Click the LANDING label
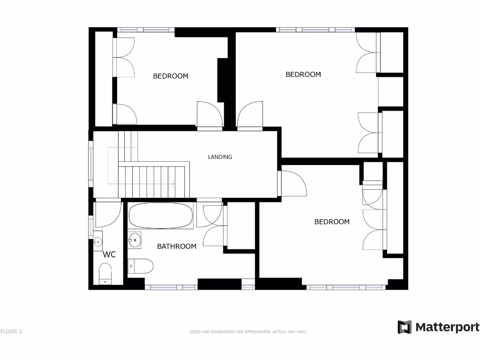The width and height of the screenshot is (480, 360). tap(220, 157)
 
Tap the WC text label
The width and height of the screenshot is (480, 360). tap(109, 255)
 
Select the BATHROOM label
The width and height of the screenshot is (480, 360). tap(176, 246)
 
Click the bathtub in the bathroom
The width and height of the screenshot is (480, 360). tap(161, 216)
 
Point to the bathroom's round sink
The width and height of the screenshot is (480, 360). tap(135, 240)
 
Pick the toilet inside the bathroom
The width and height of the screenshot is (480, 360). tap(140, 266)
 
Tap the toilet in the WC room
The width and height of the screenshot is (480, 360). tap(105, 273)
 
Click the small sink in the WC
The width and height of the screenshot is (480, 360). tap(98, 242)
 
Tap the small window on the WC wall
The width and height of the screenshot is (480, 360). tap(91, 227)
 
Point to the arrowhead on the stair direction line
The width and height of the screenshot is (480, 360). tap(173, 184)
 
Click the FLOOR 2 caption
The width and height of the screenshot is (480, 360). tap(11, 332)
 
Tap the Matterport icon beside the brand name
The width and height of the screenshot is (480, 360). tap(404, 327)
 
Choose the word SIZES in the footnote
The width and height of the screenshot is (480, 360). tap(195, 332)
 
